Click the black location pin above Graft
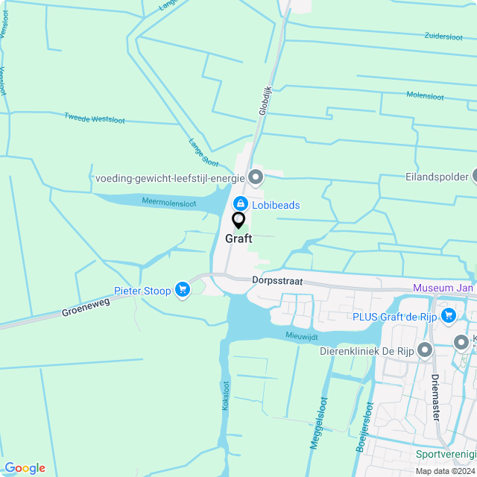pos(238,221)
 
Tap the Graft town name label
pos(238,239)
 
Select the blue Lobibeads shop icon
pos(241,203)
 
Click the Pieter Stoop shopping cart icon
pos(182,290)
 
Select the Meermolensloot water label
pos(169,202)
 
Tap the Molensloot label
pos(425,96)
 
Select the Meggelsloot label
pos(318,422)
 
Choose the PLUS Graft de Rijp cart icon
pos(448,316)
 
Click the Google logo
pos(24,467)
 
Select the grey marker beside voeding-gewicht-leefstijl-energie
pos(256,177)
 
